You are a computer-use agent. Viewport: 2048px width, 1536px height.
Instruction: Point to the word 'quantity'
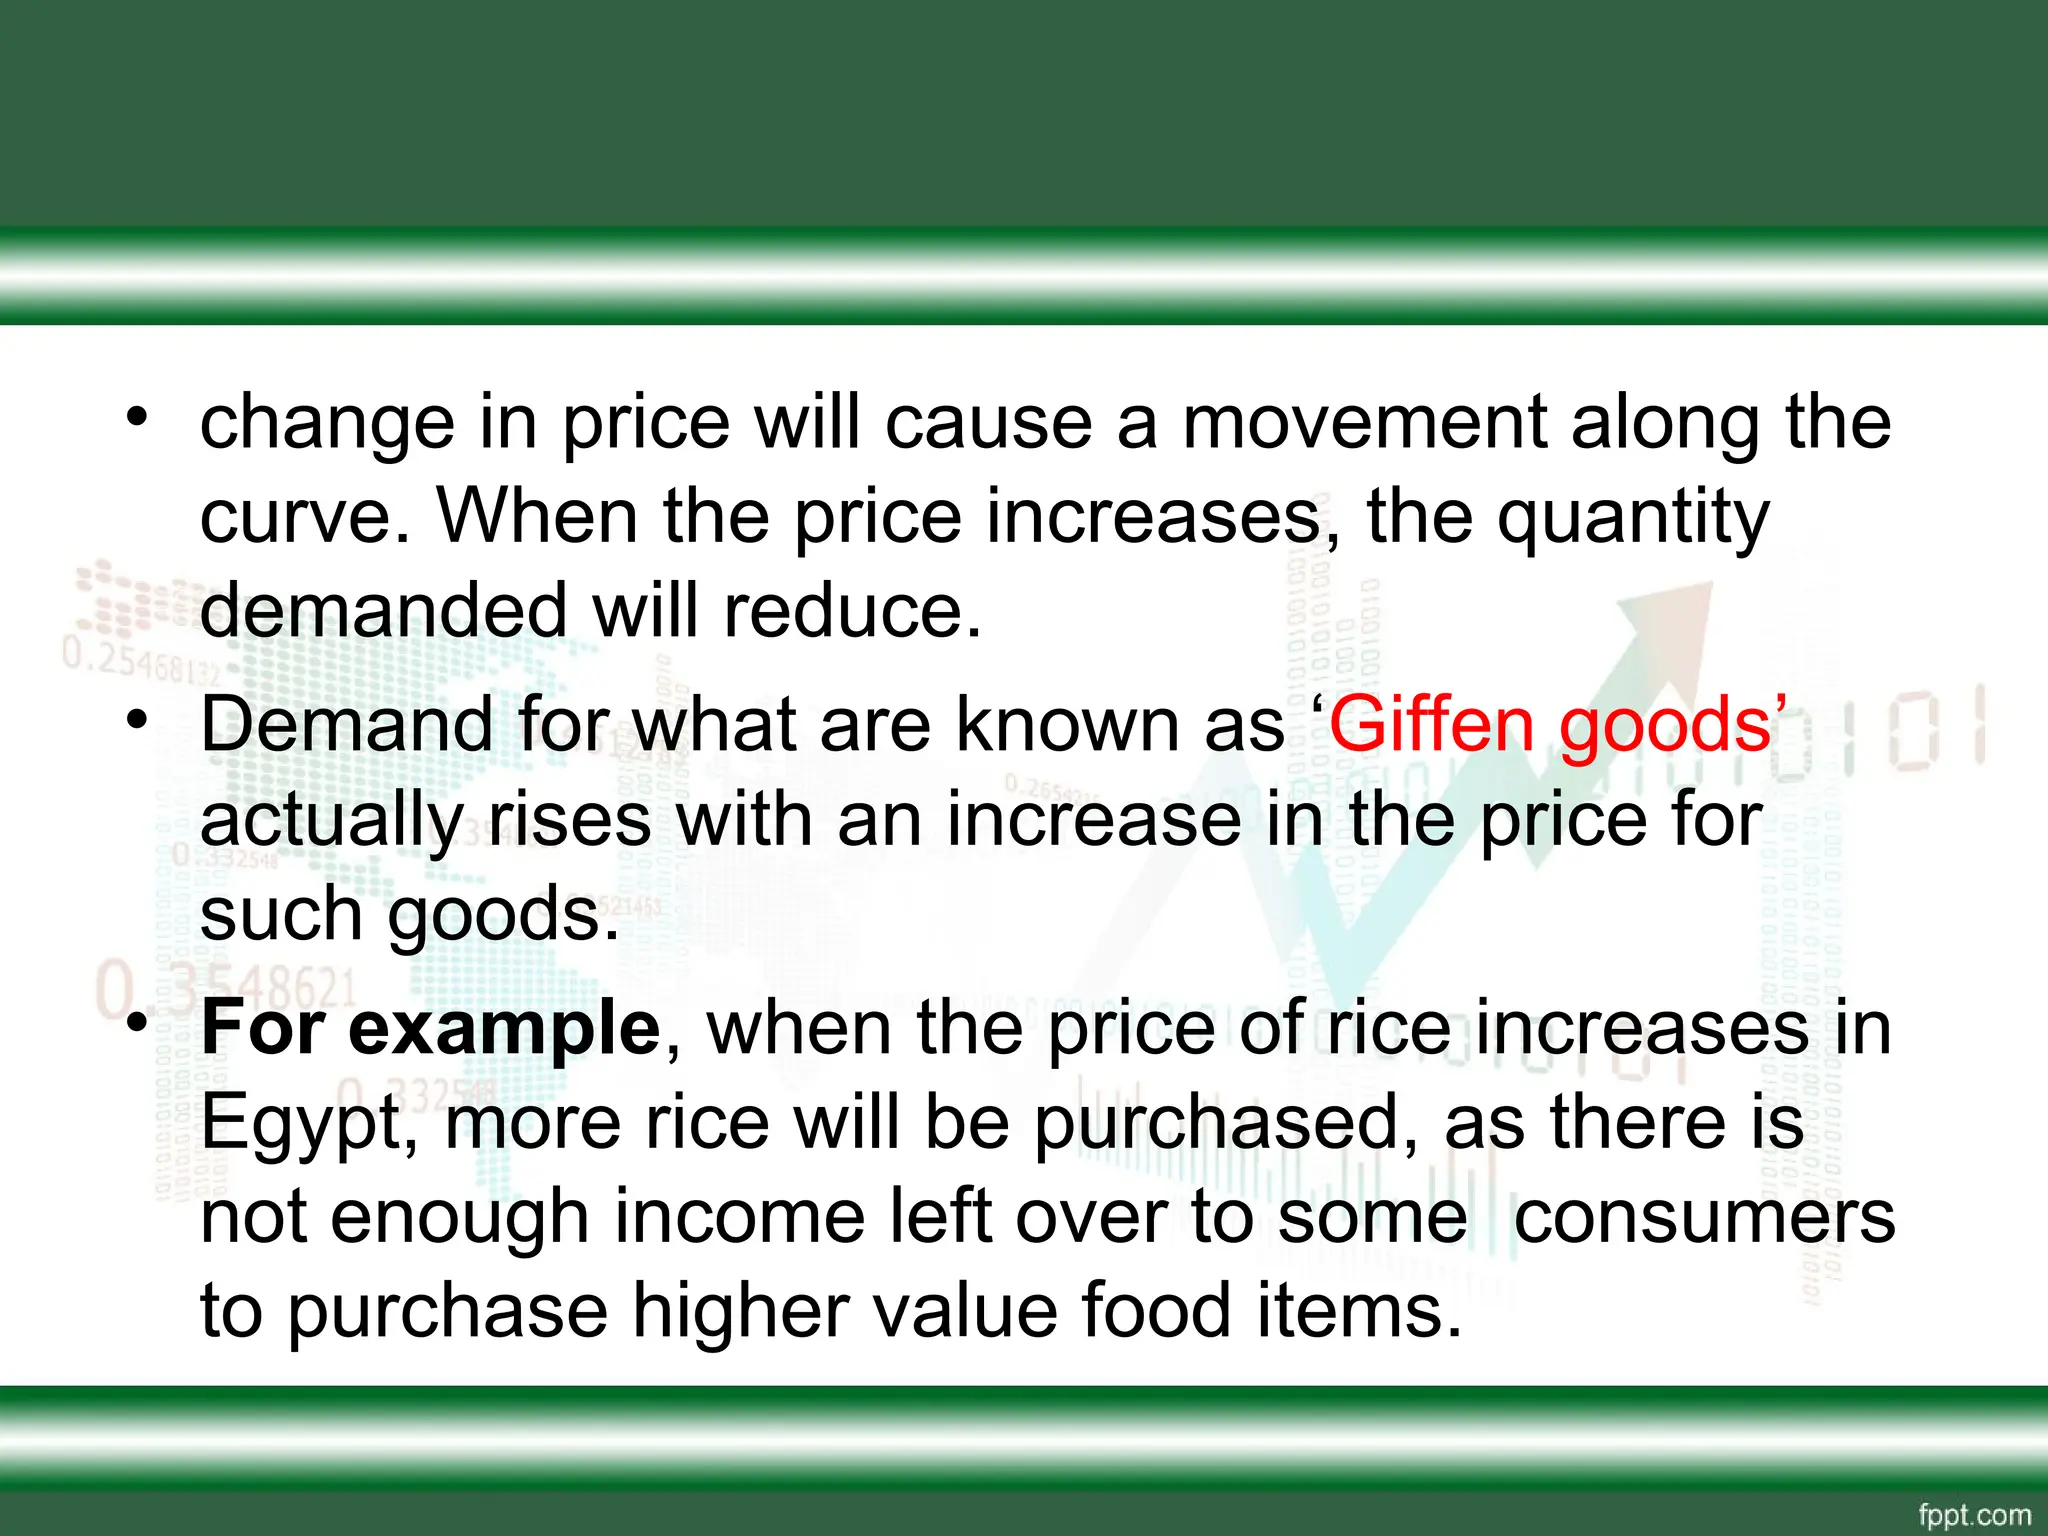[1633, 519]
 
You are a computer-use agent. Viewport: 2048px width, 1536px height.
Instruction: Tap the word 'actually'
[331, 821]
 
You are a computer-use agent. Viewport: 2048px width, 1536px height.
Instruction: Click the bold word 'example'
[504, 1029]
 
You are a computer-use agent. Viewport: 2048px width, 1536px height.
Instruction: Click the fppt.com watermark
[1975, 1515]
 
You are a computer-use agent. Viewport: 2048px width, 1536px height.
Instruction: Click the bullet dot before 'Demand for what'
[137, 719]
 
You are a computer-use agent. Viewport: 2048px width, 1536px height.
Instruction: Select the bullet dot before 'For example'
[137, 1023]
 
